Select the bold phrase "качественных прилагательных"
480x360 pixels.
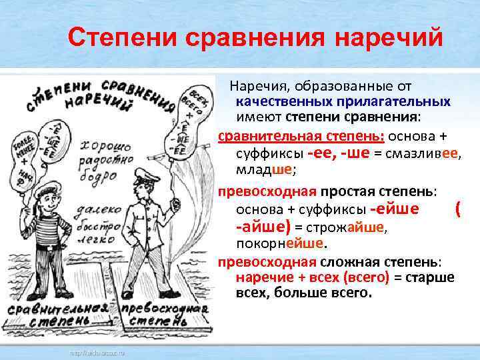(343, 102)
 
